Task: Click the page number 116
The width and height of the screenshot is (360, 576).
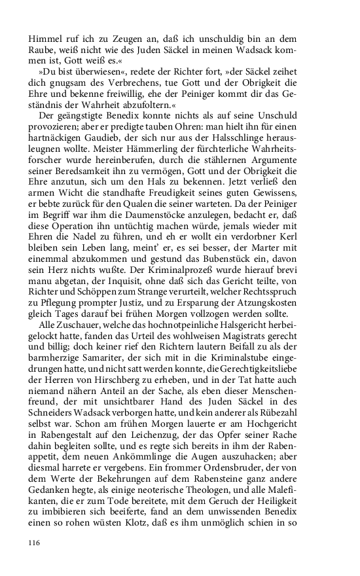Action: (x=35, y=543)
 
